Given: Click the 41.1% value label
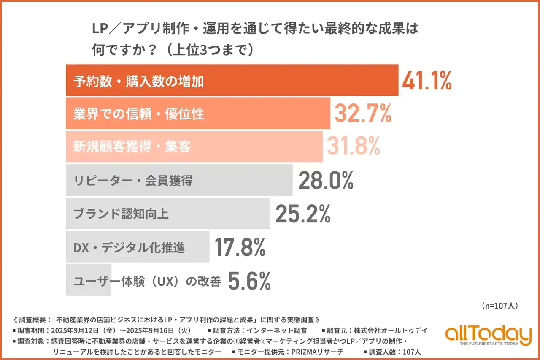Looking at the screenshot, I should (427, 81).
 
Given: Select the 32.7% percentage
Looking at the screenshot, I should (363, 114).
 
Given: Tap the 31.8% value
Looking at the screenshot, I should (352, 146).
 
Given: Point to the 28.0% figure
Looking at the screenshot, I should (325, 180).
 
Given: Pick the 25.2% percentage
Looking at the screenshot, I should (302, 214).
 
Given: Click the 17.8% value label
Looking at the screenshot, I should (240, 247).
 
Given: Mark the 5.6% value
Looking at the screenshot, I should (249, 281).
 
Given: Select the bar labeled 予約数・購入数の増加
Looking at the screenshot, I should (232, 81).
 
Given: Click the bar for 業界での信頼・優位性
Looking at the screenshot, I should (198, 114).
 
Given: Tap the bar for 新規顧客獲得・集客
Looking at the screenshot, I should (194, 146).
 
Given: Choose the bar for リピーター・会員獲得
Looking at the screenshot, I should (179, 180).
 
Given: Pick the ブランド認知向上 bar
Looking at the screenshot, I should (168, 214).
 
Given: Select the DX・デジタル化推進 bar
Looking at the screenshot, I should (138, 247).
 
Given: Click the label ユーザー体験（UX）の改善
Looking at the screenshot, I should (147, 281).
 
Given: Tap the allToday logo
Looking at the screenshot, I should (488, 336).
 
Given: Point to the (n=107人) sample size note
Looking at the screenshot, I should (499, 305).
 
